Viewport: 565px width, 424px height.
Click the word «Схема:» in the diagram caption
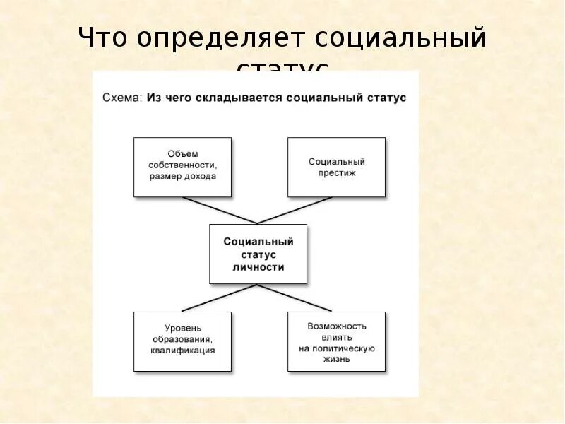click(x=123, y=98)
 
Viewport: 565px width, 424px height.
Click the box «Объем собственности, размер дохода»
click(x=182, y=167)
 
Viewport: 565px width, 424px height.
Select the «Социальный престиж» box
click(x=336, y=167)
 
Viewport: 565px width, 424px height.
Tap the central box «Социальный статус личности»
click(x=258, y=254)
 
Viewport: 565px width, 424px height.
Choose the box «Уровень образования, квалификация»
click(x=182, y=341)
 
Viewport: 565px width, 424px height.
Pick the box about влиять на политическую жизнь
click(x=336, y=341)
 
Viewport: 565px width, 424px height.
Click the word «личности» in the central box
click(x=258, y=267)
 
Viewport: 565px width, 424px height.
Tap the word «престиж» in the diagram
click(x=336, y=173)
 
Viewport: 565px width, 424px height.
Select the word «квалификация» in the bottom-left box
click(x=182, y=350)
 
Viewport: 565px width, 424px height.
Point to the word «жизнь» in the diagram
click(x=336, y=359)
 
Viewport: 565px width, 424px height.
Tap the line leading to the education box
click(x=219, y=298)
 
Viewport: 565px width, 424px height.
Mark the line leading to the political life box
click(x=295, y=298)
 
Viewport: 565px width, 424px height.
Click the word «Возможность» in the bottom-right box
click(x=336, y=326)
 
